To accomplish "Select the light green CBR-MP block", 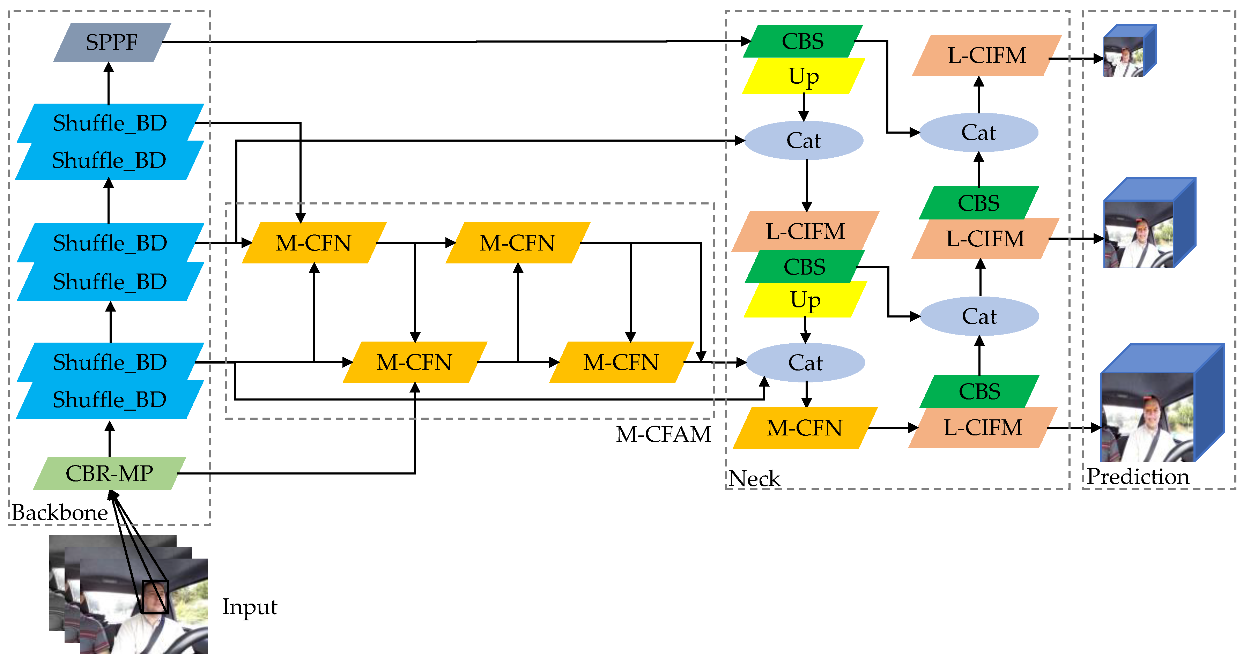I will (x=110, y=473).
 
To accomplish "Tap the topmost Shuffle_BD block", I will (x=110, y=122).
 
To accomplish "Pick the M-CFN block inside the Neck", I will (x=804, y=428).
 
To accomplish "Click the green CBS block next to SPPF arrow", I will (x=802, y=41).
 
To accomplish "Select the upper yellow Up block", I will (x=804, y=76).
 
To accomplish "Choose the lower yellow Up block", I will (x=805, y=300).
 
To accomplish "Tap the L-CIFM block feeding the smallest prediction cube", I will (x=987, y=55).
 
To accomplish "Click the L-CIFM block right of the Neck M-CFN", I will (x=983, y=428).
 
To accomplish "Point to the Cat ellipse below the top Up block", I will (x=804, y=140).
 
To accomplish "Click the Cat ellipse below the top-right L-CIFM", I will (x=978, y=133).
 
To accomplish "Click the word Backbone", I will (x=59, y=512).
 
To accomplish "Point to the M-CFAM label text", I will (x=663, y=434).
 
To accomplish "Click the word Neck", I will (x=754, y=478).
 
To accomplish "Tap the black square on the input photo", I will (x=155, y=597).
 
